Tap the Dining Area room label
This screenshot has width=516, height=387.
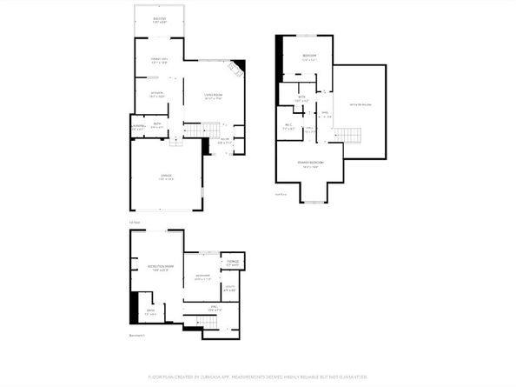pyautogui.click(x=158, y=60)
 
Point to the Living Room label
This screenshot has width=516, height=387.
pyautogui.click(x=214, y=95)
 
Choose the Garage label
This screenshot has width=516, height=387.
pyautogui.click(x=165, y=176)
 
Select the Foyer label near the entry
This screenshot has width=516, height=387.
pyautogui.click(x=222, y=139)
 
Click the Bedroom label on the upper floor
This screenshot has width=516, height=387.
pyautogui.click(x=309, y=57)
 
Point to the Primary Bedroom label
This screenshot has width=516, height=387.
pyautogui.click(x=310, y=163)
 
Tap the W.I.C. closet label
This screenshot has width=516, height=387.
pyautogui.click(x=288, y=127)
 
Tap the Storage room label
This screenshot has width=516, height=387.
pyautogui.click(x=233, y=262)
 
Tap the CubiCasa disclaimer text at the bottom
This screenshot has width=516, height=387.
pyautogui.click(x=258, y=377)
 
